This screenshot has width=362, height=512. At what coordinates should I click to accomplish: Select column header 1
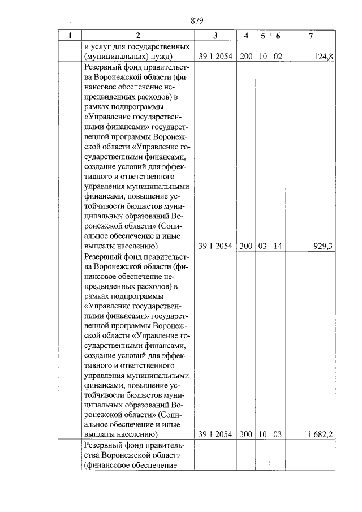pos(70,36)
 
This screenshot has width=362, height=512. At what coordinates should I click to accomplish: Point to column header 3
pos(216,36)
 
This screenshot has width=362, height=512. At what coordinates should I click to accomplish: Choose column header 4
pos(245,36)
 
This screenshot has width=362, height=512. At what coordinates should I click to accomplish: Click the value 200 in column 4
pos(245,57)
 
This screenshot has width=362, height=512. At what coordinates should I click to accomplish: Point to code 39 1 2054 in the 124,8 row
pos(216,57)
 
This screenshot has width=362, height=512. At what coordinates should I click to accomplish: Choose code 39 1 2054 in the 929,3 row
pos(216,246)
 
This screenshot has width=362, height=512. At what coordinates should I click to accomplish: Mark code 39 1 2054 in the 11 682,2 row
pos(216,434)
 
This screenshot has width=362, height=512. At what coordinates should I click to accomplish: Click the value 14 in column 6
pos(277,246)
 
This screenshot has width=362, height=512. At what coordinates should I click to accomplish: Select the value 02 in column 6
pos(277,57)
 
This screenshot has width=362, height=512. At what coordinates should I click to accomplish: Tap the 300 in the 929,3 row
pos(245,246)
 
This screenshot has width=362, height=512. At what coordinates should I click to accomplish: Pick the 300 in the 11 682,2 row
pos(245,434)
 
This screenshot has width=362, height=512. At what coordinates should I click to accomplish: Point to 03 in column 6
pos(277,434)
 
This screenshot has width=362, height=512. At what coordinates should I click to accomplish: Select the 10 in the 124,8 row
pos(262,57)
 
